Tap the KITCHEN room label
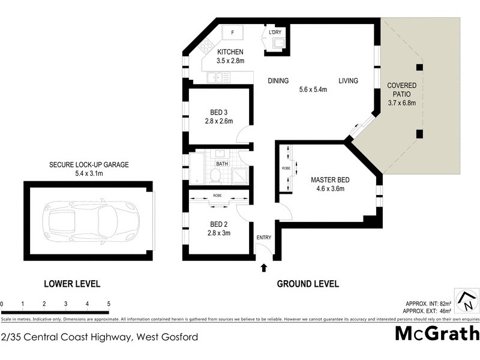(x=230, y=52)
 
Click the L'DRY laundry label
(x=275, y=32)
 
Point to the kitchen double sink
(x=215, y=77)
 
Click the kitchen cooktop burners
(x=205, y=43)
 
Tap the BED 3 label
(x=218, y=112)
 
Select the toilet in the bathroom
(x=214, y=175)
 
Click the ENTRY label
(x=264, y=238)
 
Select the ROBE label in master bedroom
(x=286, y=169)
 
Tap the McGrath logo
(x=437, y=334)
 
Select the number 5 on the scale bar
(x=109, y=304)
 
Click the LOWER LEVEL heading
(x=71, y=284)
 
